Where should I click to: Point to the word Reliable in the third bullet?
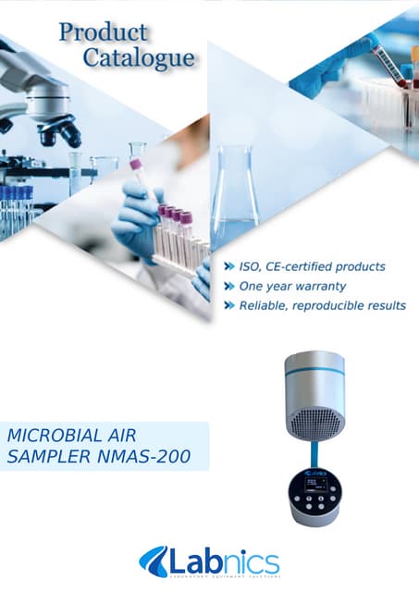[265, 305]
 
